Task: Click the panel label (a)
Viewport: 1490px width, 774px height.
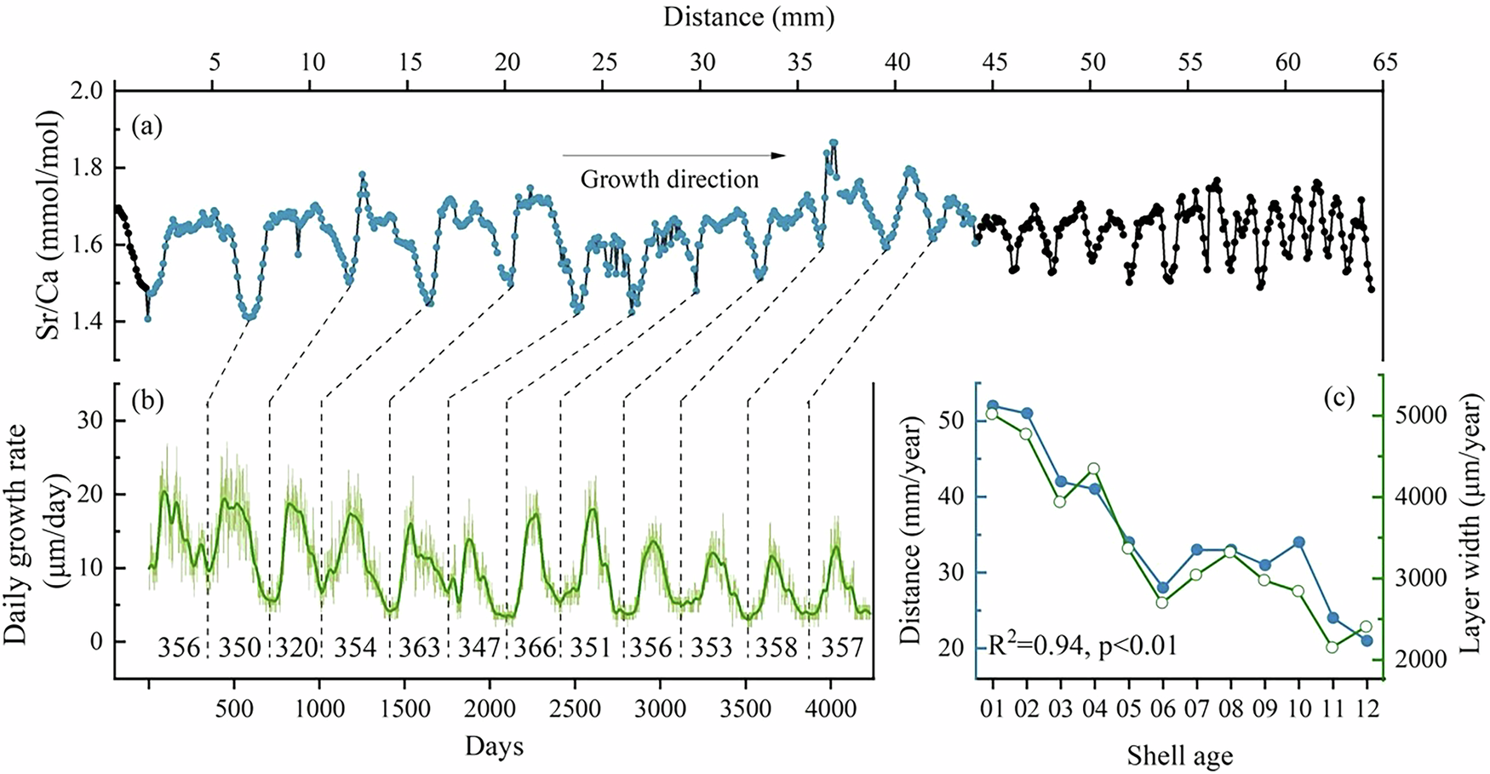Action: [146, 128]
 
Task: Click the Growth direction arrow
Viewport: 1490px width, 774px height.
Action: [673, 155]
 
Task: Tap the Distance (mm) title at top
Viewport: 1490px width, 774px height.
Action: [748, 16]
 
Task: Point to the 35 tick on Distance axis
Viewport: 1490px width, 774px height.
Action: [799, 62]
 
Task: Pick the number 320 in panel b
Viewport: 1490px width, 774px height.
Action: [296, 648]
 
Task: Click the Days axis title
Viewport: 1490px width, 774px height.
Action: [494, 747]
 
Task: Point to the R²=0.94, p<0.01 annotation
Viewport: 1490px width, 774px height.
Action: [1082, 645]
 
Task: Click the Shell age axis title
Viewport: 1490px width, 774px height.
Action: [1179, 754]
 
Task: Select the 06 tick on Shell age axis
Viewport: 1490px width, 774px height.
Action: [1163, 708]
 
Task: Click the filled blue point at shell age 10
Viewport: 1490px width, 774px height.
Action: [1299, 542]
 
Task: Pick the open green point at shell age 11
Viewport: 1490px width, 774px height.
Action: [1332, 647]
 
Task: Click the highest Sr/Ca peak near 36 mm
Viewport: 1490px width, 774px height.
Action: [834, 143]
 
